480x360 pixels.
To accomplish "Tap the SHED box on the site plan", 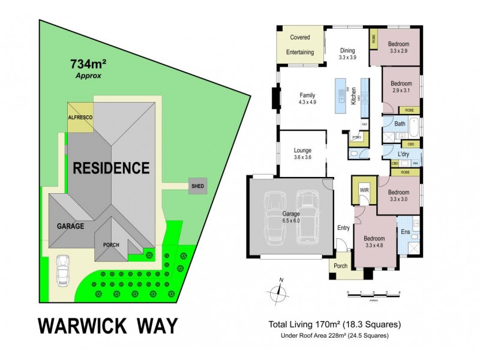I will tap(197, 186).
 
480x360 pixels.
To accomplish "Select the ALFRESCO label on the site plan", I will tap(80, 118).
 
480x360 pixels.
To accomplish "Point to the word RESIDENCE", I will tap(111, 168).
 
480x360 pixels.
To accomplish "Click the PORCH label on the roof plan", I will tap(111, 245).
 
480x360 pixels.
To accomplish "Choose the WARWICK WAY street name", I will tap(109, 326).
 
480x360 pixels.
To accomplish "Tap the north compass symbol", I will tap(278, 293).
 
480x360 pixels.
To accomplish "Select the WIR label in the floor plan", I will tap(364, 190).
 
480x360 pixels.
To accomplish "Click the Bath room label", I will tap(400, 124).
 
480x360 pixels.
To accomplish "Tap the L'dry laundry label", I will tap(403, 155).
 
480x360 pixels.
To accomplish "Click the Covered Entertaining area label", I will tap(300, 45).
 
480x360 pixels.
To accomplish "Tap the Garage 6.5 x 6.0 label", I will tap(291, 217).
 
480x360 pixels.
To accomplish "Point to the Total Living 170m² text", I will tap(334, 325).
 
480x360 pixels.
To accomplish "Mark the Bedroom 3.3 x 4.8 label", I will tap(375, 241).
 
